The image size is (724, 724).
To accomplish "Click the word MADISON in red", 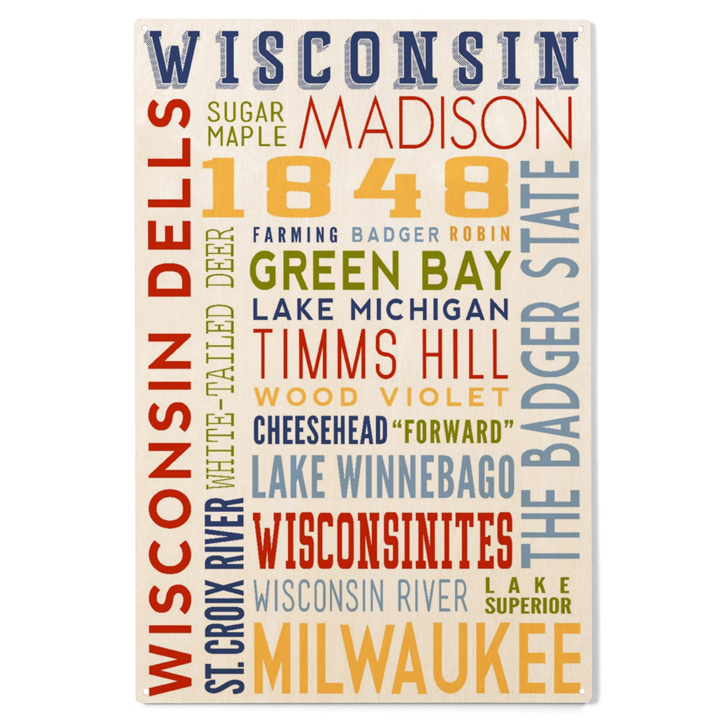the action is click(435, 123).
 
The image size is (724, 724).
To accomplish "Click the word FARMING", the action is click(296, 235).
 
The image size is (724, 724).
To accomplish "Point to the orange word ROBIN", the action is click(480, 234).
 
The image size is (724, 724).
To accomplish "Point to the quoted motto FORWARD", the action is click(452, 431).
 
